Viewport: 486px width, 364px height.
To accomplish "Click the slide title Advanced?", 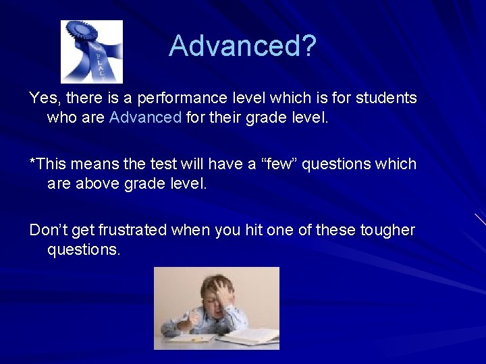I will click(x=242, y=47).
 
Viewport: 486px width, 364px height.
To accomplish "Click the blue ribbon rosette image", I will click(x=92, y=51).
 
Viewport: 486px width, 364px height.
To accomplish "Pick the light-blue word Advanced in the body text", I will click(x=145, y=118).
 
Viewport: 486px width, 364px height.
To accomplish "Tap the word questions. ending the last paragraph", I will click(x=84, y=250).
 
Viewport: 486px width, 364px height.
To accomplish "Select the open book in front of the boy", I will click(x=248, y=335).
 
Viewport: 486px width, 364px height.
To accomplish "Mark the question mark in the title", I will click(x=308, y=47).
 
